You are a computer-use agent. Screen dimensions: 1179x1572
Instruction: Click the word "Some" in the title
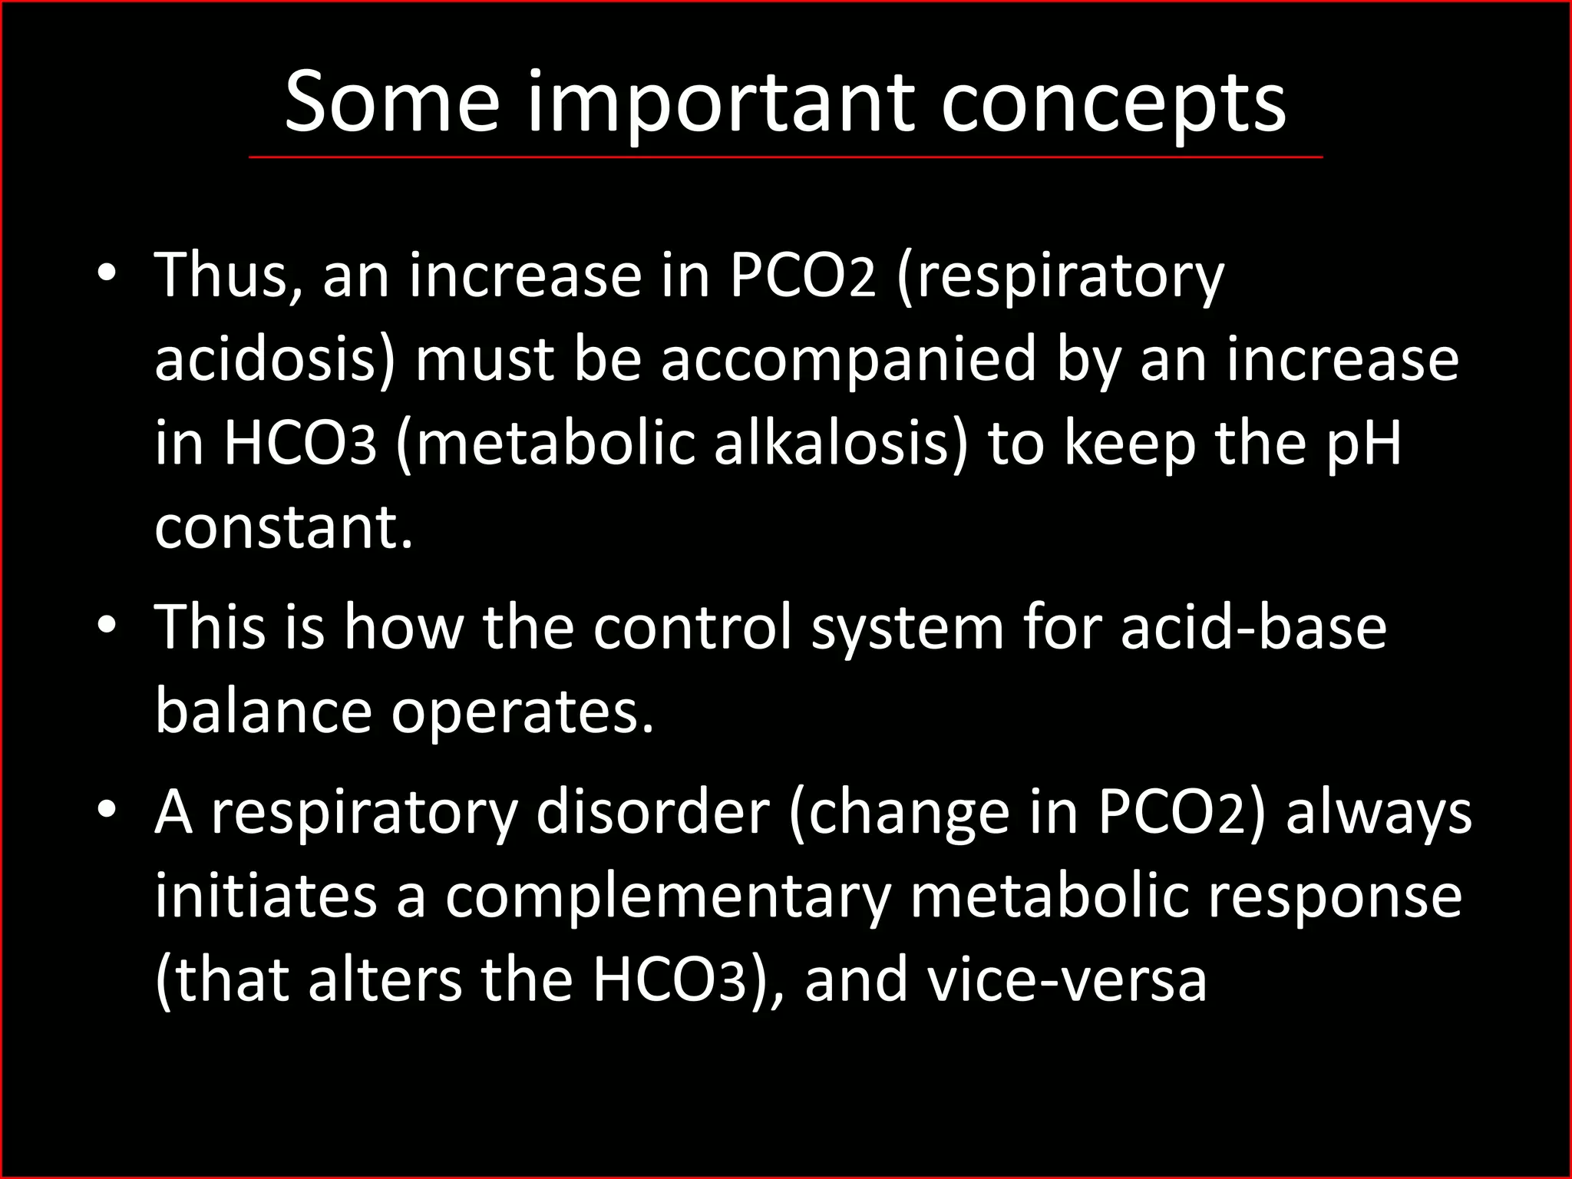point(391,103)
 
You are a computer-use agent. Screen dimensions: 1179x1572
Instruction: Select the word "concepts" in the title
point(1113,103)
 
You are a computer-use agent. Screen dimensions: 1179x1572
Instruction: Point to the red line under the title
point(785,157)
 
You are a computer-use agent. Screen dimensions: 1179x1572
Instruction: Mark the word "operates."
point(523,711)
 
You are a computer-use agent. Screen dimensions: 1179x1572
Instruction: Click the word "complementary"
point(668,896)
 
